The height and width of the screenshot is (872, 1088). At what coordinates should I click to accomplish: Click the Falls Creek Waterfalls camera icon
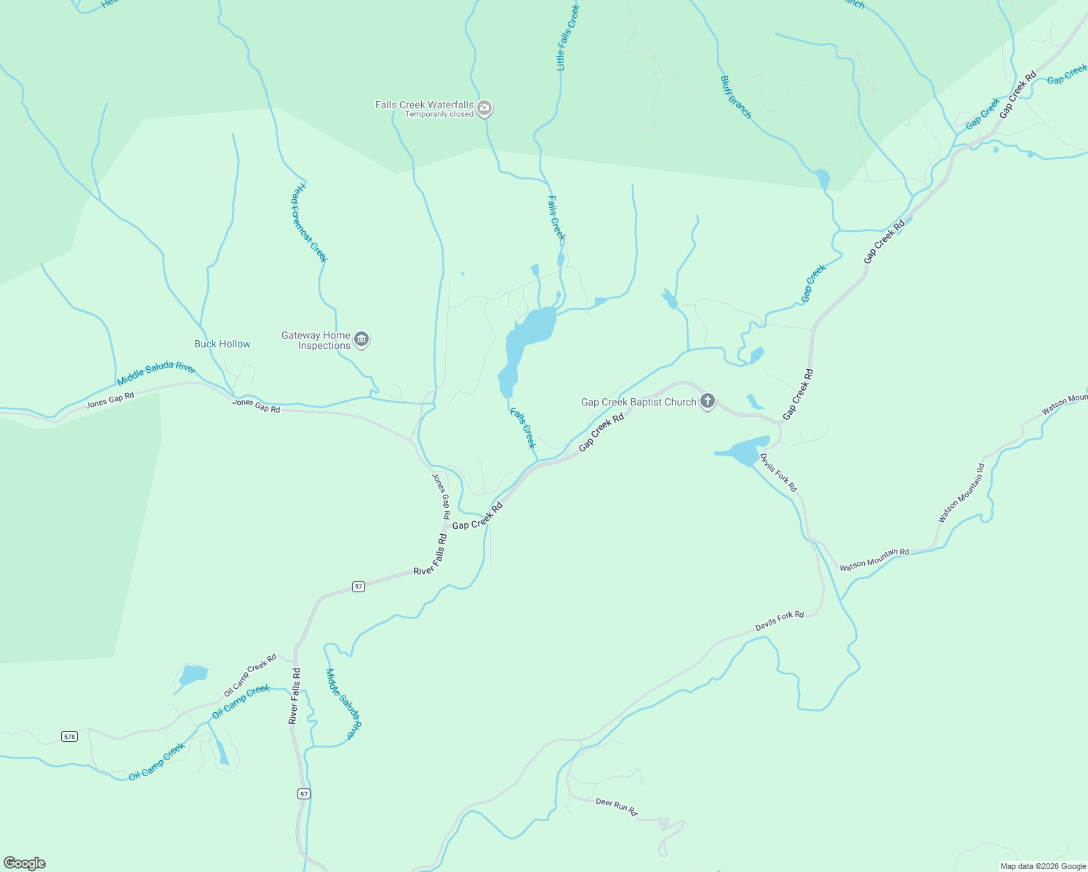485,109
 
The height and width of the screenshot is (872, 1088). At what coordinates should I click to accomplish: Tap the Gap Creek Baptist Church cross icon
708,402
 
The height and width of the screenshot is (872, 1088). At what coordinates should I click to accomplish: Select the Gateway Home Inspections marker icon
362,339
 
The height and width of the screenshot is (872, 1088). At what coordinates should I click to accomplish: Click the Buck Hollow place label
223,344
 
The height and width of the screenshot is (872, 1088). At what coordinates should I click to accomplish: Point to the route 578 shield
69,736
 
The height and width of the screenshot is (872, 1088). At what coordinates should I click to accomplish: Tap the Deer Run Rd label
616,806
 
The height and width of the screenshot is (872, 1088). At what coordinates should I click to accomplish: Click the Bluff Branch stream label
735,97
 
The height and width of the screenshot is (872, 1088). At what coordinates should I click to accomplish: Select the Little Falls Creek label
567,38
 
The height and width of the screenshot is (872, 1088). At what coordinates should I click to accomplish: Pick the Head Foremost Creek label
310,222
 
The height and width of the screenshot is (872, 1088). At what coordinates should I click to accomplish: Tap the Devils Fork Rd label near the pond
779,472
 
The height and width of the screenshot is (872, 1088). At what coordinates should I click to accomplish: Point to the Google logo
25,863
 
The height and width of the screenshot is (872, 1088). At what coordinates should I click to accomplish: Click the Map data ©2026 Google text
1043,866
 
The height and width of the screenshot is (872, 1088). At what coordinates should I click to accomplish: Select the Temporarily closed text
439,115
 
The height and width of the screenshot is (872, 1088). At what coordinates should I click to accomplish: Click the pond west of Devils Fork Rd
745,452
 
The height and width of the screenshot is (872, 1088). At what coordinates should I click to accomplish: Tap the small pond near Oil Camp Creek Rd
193,675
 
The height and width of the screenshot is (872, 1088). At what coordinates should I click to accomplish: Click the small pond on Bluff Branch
823,179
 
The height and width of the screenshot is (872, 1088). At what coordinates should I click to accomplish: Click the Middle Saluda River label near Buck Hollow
156,374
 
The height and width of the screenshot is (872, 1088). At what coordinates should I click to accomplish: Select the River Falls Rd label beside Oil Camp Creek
294,696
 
